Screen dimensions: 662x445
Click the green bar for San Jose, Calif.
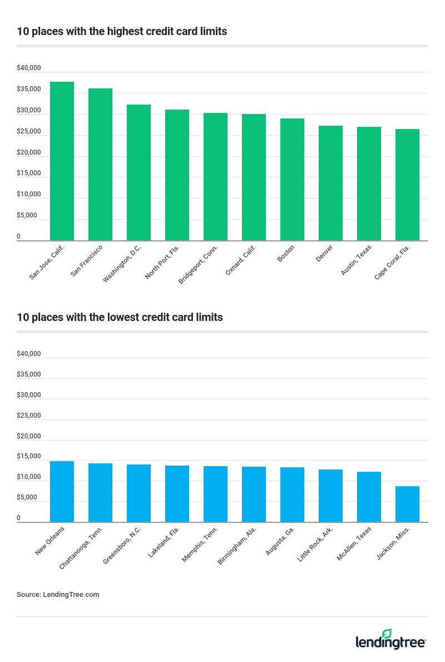[62, 161]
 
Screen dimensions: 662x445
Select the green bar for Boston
[292, 179]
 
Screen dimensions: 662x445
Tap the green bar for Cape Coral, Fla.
[407, 185]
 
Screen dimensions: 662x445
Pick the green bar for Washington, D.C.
[139, 172]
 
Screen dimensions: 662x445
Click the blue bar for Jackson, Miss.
[407, 504]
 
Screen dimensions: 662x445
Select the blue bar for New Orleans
[62, 491]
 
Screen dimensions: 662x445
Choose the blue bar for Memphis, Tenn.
[215, 494]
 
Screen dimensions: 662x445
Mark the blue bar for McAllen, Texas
[369, 497]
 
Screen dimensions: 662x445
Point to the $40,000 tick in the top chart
[29, 68]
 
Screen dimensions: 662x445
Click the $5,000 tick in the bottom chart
[27, 497]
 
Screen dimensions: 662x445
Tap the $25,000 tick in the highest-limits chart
[29, 131]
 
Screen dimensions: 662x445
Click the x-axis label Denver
[324, 253]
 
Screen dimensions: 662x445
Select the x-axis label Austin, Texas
[357, 259]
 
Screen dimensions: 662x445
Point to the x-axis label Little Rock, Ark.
[315, 544]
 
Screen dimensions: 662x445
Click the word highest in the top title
[108, 32]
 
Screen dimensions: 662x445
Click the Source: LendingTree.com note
[58, 594]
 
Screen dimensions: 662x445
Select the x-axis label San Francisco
[87, 260]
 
